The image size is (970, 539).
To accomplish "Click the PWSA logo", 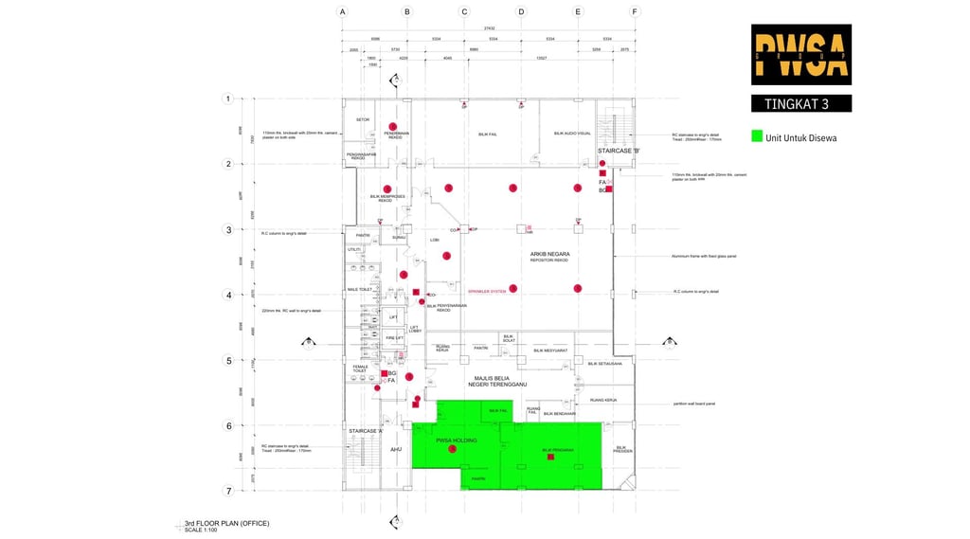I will pos(800,54).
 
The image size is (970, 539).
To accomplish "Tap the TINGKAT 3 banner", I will pos(800,103).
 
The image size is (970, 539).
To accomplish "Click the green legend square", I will pos(756,136).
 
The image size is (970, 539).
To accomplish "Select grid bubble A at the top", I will pos(342,12).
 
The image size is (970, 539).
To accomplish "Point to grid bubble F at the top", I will pos(635,12).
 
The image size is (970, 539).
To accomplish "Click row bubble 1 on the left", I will pos(227,99).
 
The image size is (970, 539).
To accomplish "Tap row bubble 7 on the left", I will pos(227,491).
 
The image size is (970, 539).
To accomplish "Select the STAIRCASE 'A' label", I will pos(365,431).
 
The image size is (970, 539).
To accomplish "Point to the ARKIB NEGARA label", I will pos(548,254).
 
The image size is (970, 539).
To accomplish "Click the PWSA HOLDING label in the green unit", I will pos(456,440).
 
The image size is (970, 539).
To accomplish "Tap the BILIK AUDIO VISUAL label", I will pos(572,134).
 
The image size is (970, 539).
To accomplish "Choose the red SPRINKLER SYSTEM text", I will pos(487,291).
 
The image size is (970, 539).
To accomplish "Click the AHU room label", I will pos(396,449).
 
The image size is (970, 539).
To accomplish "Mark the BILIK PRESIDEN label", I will pos(621,449).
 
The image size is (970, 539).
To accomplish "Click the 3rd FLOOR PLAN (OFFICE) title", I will pos(227,523).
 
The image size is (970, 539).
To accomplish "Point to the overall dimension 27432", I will pos(489,28).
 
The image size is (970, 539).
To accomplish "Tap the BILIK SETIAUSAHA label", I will pos(604,363).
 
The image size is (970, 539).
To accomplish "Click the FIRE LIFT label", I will pos(394,337).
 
